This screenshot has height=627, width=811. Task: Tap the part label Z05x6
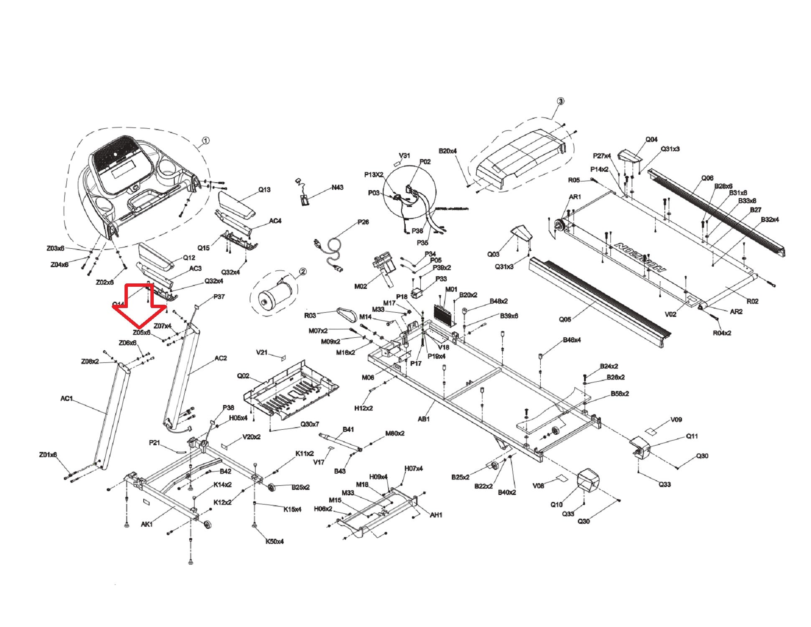141,333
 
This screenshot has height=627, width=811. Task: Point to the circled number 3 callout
560,101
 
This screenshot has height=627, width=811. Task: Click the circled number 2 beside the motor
303,272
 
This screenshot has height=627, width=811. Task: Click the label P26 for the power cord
363,222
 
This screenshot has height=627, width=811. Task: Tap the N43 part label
337,187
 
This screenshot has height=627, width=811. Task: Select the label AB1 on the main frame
424,419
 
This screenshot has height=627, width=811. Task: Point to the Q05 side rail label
565,320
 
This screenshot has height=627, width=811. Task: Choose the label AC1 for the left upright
66,398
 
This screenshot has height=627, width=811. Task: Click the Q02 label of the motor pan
243,376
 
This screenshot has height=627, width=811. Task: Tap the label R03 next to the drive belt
310,316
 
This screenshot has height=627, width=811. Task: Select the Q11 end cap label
692,436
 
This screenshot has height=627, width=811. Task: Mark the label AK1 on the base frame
147,524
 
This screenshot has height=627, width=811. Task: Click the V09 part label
676,420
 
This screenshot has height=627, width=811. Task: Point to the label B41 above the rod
348,430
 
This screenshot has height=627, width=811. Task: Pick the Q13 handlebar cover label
264,190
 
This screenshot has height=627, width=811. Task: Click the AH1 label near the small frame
436,515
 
